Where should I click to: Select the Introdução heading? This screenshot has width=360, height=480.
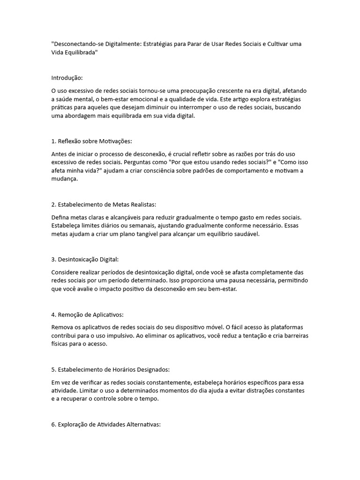pos(67,77)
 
